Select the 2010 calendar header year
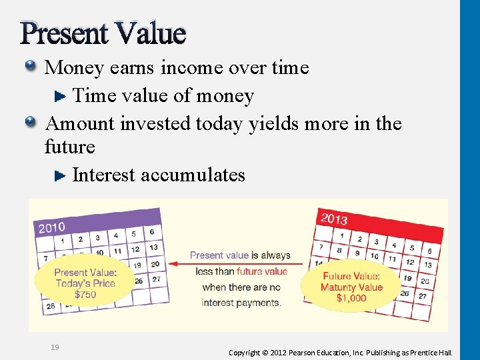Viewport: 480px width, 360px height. [52, 227]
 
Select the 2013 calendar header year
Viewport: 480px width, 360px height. [333, 218]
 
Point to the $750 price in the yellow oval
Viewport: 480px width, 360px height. [85, 294]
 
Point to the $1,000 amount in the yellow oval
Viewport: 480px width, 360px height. [351, 298]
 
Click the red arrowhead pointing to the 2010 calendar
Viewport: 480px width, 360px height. [173, 263]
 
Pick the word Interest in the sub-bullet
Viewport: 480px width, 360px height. [104, 175]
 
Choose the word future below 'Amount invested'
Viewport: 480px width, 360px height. [69, 147]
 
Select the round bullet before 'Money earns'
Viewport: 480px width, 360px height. [31, 66]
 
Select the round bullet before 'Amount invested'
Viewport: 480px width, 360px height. [31, 122]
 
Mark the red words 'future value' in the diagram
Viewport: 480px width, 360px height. [262, 271]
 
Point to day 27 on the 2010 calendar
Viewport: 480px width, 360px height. [156, 279]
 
